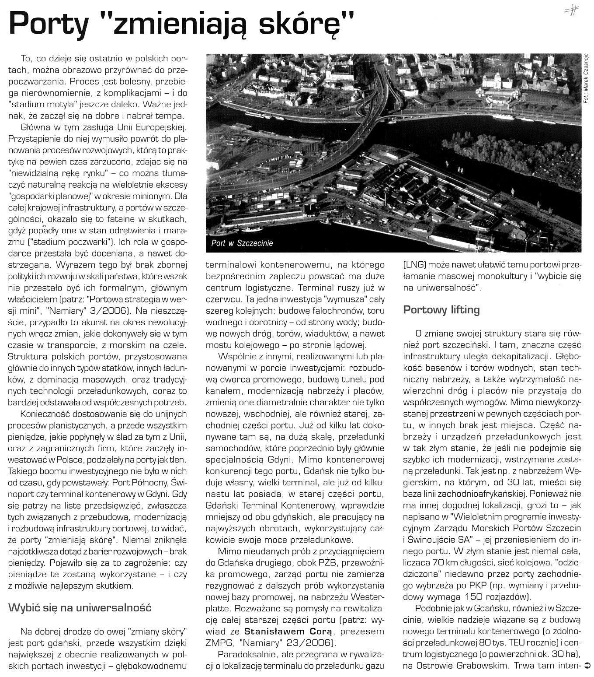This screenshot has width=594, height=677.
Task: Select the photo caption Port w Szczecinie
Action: point(242,243)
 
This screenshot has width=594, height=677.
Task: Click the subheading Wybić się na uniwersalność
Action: point(80,607)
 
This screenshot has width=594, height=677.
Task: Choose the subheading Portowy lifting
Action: point(441,310)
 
